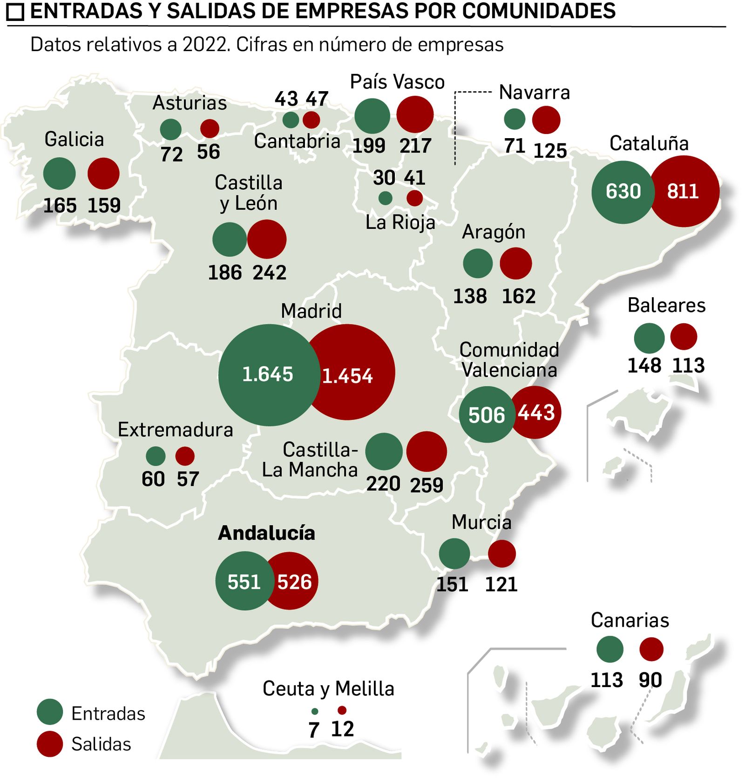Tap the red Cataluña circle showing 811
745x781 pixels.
(684, 191)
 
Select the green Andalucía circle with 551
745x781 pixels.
(244, 581)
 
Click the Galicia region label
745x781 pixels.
(74, 139)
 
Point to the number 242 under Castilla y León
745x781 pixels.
(270, 273)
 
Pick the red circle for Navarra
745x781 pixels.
(546, 120)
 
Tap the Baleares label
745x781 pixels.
(666, 306)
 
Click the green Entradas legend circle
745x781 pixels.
(50, 712)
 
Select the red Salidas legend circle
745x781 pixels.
(50, 743)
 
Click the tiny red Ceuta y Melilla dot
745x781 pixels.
(342, 710)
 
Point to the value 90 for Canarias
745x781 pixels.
(650, 680)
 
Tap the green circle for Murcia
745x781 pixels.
(454, 554)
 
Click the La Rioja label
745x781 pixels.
(400, 222)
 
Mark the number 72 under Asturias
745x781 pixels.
(171, 154)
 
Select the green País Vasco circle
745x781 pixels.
(372, 116)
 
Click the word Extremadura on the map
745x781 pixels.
(175, 430)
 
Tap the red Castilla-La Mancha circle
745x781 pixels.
(427, 452)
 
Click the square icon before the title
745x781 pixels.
(15, 12)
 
